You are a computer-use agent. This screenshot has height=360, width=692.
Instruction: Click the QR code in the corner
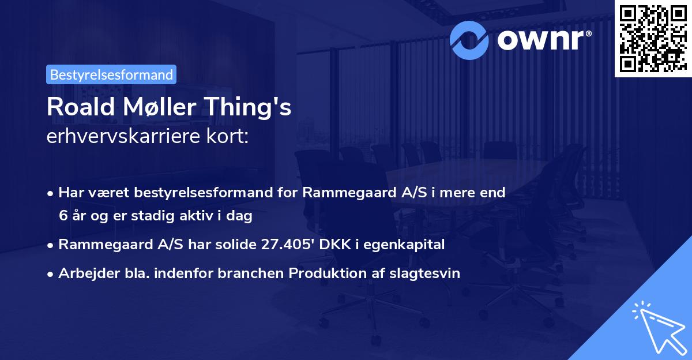point(653,38)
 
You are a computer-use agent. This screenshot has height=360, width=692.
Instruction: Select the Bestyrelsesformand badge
point(111,74)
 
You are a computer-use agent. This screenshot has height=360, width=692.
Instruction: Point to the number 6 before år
point(62,216)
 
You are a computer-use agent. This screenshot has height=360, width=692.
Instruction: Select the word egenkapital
point(408,245)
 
